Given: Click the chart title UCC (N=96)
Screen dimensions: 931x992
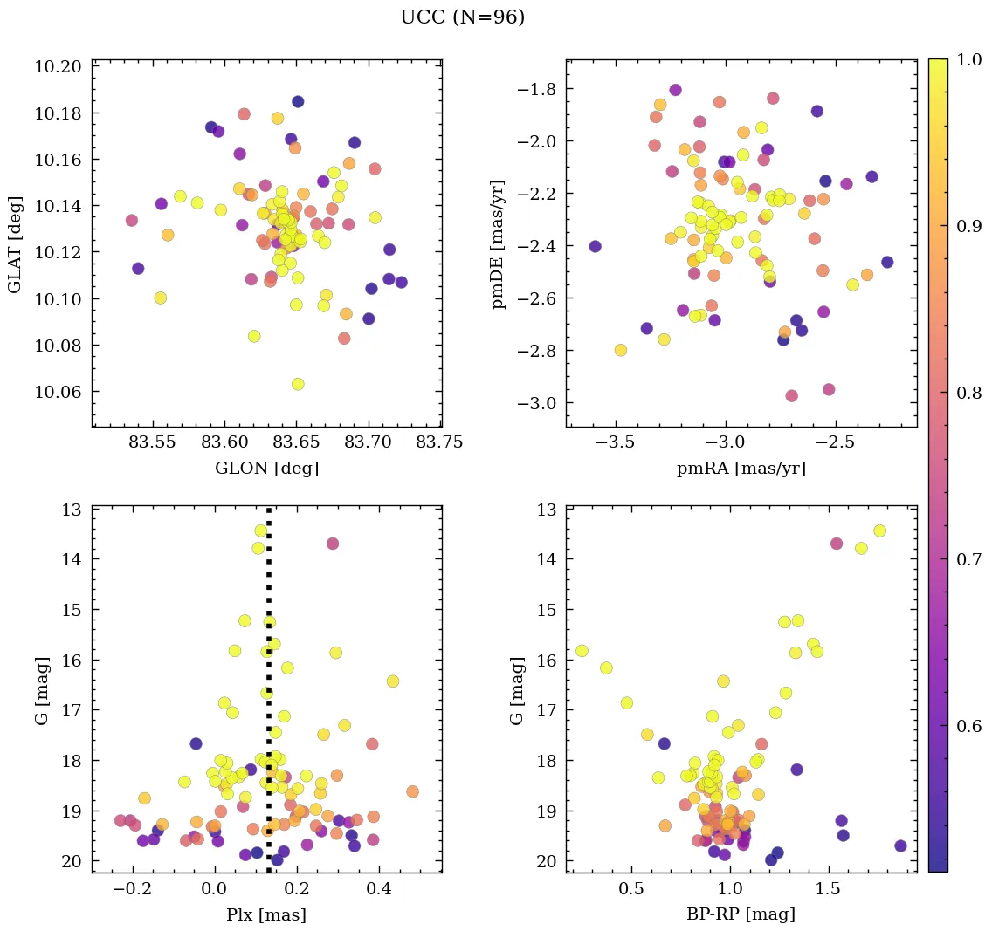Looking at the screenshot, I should pos(462,17).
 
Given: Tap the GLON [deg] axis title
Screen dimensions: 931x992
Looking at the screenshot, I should pos(266,469).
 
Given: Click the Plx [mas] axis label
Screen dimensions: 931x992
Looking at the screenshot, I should pos(266,915).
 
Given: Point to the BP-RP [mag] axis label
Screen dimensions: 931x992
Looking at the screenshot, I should pos(741,915).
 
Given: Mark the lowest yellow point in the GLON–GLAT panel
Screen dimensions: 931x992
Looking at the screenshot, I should pos(298,384).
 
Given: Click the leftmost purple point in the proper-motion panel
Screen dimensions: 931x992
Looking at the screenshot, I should pos(595,246).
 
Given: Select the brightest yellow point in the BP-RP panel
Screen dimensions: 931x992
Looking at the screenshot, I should pos(879,531).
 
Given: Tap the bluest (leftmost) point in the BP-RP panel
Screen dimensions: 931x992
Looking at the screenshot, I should pos(582,651).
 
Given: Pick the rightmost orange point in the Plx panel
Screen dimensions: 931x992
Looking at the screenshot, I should pos(412,791).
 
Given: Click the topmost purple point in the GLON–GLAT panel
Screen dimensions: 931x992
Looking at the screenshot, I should pos(298,101).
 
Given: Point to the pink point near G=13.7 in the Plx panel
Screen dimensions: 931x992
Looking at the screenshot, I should pos(332,544).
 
